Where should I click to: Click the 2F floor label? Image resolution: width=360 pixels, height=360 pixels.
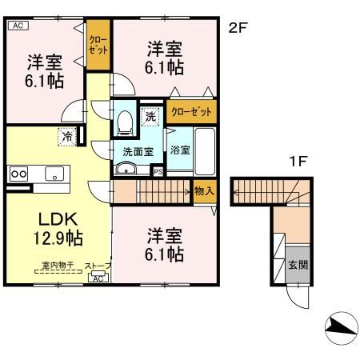238,28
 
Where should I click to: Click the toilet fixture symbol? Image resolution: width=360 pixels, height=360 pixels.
125,122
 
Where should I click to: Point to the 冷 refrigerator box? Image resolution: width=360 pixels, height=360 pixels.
66,137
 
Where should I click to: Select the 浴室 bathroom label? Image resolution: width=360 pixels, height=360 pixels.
179,150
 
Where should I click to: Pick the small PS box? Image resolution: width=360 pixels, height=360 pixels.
158,170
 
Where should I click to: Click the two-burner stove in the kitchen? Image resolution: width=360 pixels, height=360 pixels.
18,173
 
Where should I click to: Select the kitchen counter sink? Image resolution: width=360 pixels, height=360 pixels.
54,173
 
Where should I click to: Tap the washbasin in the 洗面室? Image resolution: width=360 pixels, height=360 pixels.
125,168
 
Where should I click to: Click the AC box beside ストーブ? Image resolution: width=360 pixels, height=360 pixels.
98,278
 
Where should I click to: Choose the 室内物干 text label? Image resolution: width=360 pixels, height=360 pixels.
58,265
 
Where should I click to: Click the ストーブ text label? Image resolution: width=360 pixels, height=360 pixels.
98,266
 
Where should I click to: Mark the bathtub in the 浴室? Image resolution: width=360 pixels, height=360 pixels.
205,149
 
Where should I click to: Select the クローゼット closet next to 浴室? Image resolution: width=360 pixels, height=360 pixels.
192,112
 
